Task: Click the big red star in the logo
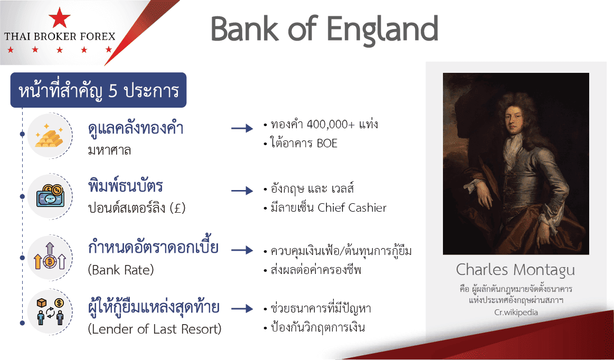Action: [x=60, y=17]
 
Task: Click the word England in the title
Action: [x=382, y=30]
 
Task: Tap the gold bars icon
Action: [x=49, y=136]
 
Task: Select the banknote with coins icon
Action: [x=50, y=196]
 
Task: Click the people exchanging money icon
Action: [x=50, y=312]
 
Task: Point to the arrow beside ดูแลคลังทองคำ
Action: [x=242, y=128]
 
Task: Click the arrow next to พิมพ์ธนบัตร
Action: [x=242, y=191]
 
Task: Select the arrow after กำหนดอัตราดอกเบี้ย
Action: [x=242, y=250]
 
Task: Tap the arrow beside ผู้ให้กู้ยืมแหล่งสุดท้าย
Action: [x=242, y=309]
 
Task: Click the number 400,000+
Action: [x=330, y=125]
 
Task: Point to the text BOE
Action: [x=327, y=144]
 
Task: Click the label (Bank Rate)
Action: [x=121, y=270]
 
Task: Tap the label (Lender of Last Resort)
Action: [x=155, y=329]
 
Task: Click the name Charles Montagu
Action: [x=515, y=270]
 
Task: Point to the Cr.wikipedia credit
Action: [x=516, y=312]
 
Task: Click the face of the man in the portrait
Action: [x=514, y=118]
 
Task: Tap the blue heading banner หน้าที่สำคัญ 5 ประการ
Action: [x=98, y=90]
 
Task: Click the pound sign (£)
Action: [x=178, y=207]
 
